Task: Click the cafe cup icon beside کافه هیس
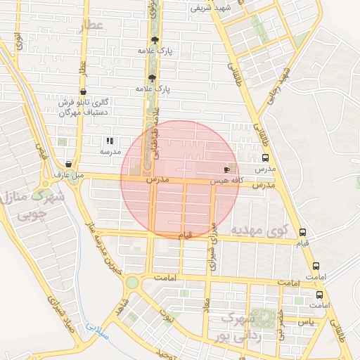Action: click(x=226, y=169)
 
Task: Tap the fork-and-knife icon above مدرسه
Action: click(x=108, y=141)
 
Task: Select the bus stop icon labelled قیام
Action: click(x=302, y=232)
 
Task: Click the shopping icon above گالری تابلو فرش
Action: click(x=84, y=91)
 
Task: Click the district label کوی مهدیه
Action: click(x=260, y=230)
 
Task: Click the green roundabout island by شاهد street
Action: click(x=131, y=283)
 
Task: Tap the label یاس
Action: click(x=306, y=321)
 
